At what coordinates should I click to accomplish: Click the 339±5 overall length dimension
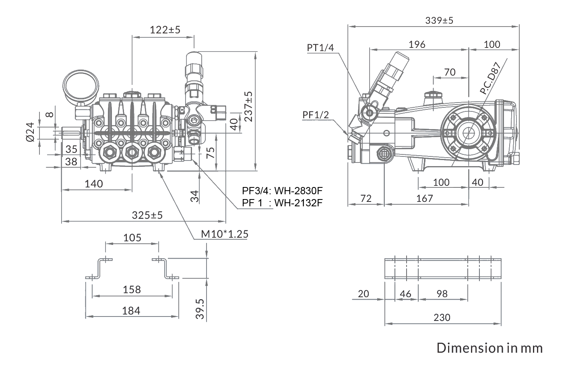point(439,20)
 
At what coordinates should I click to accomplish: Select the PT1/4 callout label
point(320,47)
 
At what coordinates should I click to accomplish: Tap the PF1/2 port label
point(315,115)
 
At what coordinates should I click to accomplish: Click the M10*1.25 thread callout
point(225,234)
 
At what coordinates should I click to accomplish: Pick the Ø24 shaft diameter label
point(29,132)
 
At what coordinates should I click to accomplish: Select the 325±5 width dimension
point(147,215)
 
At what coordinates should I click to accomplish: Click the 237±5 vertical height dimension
point(248,106)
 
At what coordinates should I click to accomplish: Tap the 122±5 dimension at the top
point(165,29)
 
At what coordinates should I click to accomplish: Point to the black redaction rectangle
point(283,197)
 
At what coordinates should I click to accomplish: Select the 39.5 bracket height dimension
point(200,308)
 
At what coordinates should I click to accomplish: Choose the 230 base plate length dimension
point(442,317)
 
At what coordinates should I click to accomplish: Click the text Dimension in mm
point(489,348)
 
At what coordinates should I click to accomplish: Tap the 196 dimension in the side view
point(417,44)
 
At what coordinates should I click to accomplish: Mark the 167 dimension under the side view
point(424,198)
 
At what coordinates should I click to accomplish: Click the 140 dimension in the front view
point(93,184)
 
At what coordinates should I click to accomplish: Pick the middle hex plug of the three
point(131,152)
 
